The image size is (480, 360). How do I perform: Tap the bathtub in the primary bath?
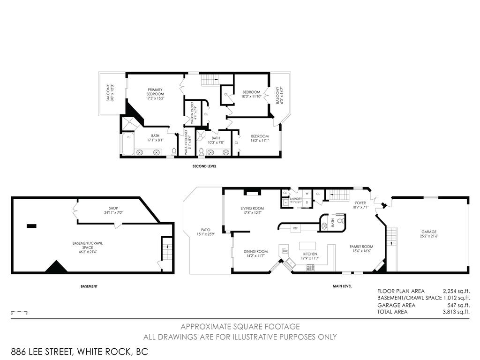(x=127, y=145)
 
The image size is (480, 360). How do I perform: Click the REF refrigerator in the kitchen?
(x=295, y=228)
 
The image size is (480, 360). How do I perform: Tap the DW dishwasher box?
(x=285, y=251)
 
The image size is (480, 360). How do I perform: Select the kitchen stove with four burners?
(x=310, y=268)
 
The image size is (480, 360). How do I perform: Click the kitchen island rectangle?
(x=307, y=245)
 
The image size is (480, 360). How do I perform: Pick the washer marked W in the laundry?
(x=307, y=193)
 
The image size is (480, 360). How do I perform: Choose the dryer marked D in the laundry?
(x=307, y=202)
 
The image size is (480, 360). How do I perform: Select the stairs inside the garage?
(x=392, y=238)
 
